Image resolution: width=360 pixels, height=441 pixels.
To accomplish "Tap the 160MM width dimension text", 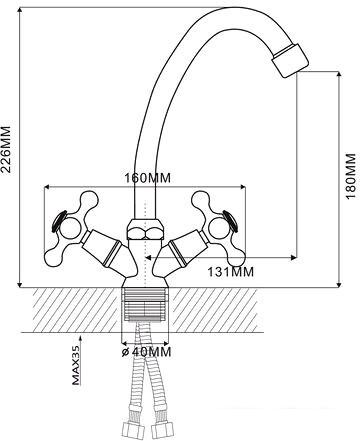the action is tap(147, 178).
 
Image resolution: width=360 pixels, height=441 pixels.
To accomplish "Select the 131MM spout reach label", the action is tap(231, 272).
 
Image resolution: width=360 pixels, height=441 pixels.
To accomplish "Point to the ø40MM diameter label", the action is tap(146, 352).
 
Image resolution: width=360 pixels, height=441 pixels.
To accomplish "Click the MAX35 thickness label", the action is tap(76, 365).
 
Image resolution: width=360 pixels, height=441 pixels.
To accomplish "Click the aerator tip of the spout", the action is tap(290, 60).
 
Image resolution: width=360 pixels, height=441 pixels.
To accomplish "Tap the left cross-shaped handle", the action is tap(71, 228).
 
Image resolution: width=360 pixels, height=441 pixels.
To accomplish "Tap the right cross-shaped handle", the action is tap(218, 228).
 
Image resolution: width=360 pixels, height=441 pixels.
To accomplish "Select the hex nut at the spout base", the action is tap(145, 230).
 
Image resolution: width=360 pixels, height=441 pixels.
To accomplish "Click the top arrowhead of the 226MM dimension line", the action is tap(20, 11).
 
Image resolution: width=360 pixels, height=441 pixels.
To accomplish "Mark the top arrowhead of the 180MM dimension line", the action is tap(339, 75).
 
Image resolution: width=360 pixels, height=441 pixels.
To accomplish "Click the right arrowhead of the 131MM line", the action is tap(294, 257).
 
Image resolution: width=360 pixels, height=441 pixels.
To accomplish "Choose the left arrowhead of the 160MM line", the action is tap(47, 187).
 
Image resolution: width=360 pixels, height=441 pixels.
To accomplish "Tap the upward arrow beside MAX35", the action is tap(80, 339).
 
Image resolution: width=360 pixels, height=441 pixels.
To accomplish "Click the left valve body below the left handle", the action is tap(106, 249).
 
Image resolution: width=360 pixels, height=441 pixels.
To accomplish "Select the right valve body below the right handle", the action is tap(184, 249).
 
